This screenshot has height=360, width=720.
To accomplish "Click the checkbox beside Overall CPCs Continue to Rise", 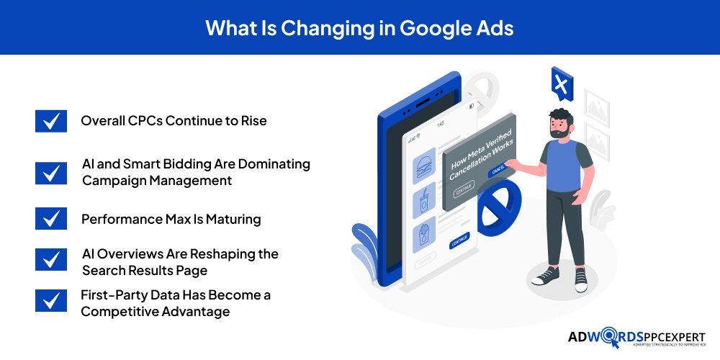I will (50, 121).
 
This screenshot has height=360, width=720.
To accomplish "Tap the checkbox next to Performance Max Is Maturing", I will (50, 219).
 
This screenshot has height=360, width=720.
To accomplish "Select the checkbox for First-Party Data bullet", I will (50, 301).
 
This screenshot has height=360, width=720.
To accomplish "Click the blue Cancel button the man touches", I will (498, 171).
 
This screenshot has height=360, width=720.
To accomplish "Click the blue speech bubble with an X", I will (561, 84).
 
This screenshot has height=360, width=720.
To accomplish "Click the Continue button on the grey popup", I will (464, 188).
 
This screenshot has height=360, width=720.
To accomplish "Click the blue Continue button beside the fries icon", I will (459, 241).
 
